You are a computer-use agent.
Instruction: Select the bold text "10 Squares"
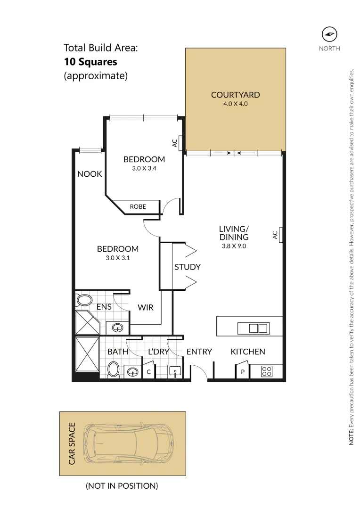click(x=90, y=61)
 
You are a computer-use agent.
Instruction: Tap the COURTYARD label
click(x=235, y=95)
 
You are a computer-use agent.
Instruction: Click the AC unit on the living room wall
click(x=280, y=234)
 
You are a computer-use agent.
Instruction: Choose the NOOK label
click(x=90, y=174)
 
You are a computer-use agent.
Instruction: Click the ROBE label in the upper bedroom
click(x=138, y=206)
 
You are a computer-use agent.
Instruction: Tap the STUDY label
click(x=188, y=267)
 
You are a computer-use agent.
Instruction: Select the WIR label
click(x=146, y=307)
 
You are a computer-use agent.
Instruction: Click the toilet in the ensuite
click(x=84, y=300)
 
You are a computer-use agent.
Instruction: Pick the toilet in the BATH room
click(x=114, y=369)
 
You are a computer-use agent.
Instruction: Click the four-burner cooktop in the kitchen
click(x=266, y=371)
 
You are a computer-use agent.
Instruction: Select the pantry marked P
click(x=243, y=372)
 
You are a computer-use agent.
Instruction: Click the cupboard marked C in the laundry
click(x=148, y=372)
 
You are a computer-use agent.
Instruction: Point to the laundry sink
click(x=175, y=371)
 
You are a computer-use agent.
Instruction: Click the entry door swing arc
click(x=200, y=372)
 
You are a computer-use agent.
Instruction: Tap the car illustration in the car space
click(x=128, y=444)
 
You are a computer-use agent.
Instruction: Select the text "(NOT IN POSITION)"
click(x=122, y=485)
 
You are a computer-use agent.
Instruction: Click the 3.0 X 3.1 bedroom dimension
click(x=118, y=258)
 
